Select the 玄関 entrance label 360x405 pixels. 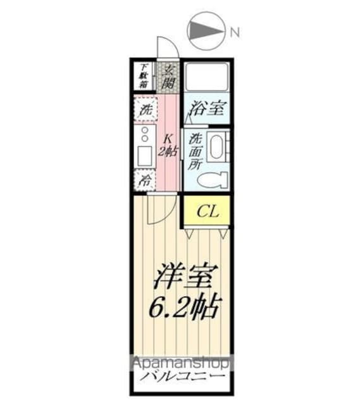[168, 77]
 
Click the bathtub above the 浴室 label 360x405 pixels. [206, 78]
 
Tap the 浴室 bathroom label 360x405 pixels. [206, 108]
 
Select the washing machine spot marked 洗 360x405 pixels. [145, 109]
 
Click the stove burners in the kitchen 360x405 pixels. [145, 135]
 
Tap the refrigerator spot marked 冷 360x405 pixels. [145, 180]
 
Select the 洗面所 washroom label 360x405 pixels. [195, 152]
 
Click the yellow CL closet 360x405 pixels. [207, 211]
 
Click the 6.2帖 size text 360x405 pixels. [186, 307]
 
